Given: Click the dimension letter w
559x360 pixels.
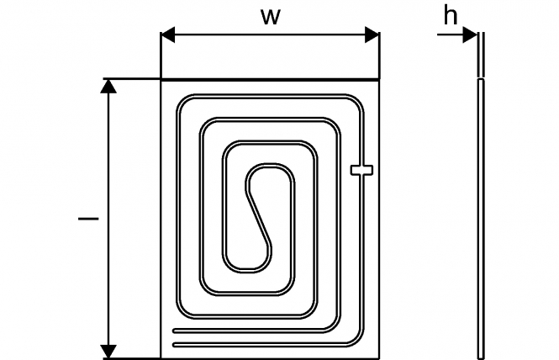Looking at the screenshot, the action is [x=271, y=17].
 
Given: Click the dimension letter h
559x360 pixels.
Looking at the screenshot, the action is [x=451, y=16].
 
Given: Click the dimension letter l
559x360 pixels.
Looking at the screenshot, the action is [x=88, y=218].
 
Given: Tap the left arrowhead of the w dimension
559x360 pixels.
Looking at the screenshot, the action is [x=167, y=35].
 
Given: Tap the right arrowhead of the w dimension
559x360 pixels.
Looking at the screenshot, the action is [x=372, y=35].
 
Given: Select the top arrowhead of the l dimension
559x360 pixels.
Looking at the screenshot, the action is [x=108, y=86].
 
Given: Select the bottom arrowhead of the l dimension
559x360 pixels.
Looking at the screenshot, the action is [x=108, y=352].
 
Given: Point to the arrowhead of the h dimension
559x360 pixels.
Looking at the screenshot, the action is [x=470, y=35].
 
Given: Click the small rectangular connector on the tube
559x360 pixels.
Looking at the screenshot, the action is [x=361, y=170].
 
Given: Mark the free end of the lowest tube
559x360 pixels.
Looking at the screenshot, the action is [x=174, y=345].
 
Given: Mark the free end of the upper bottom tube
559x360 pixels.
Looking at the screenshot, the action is [x=174, y=331].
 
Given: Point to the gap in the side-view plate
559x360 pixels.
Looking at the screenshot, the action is [x=481, y=77].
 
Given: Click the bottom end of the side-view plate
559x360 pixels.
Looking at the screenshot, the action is [x=481, y=357].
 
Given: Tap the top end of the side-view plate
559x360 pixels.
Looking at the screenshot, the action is [x=481, y=33].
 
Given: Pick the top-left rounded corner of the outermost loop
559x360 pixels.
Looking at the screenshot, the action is [x=183, y=102].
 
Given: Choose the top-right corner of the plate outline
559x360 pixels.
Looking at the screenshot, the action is [x=378, y=80].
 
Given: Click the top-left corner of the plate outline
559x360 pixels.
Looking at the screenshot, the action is [x=161, y=80].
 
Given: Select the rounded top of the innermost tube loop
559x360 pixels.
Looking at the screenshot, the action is [x=270, y=166].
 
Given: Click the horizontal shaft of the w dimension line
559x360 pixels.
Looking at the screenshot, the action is [x=270, y=35].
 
